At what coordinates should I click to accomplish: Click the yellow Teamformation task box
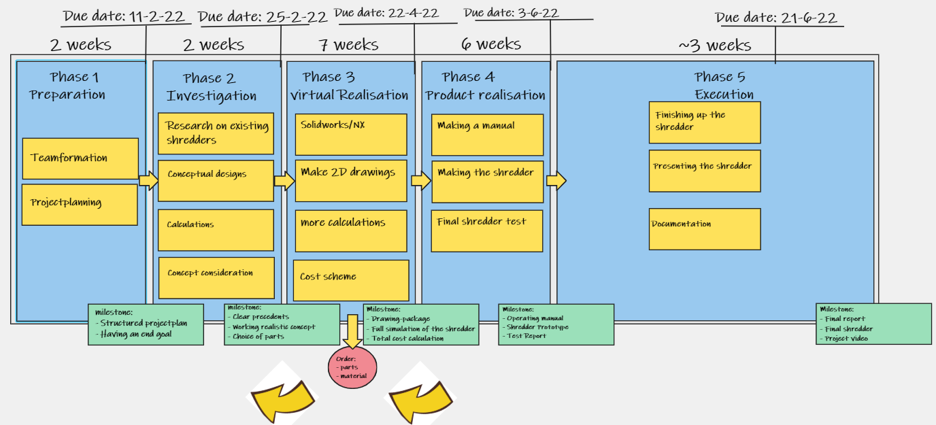point(80,158)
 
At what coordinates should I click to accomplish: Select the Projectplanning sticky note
point(80,204)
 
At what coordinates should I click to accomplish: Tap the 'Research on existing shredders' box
point(216,133)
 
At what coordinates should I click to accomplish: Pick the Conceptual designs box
point(216,180)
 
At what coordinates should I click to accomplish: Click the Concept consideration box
point(216,277)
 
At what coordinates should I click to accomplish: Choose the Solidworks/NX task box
point(351,134)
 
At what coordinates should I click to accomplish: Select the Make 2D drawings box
point(351,180)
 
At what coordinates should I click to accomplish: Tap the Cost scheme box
point(351,279)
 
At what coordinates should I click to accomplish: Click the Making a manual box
point(487,135)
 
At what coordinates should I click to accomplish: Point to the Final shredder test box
point(487,231)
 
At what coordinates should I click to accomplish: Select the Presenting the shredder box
point(705,171)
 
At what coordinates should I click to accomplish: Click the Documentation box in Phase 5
point(705,229)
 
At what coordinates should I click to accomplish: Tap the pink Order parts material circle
point(352,367)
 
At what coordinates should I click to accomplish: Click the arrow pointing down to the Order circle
point(352,330)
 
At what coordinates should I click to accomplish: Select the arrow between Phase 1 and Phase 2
point(148,180)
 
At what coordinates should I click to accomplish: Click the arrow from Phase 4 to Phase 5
point(556,181)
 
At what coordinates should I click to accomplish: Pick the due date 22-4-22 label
point(386,13)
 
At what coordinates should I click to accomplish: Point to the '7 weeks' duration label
point(348,45)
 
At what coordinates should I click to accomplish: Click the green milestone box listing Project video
point(873,324)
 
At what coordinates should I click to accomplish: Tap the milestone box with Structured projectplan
point(146,324)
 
